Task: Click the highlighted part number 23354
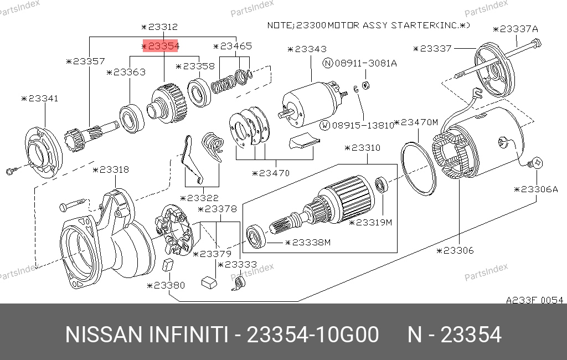pyautogui.click(x=160, y=46)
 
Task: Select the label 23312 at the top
pyautogui.click(x=159, y=27)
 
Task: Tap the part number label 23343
pyautogui.click(x=307, y=49)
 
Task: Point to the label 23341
pyautogui.click(x=40, y=99)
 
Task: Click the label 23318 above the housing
pyautogui.click(x=111, y=169)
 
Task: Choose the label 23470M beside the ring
pyautogui.click(x=416, y=122)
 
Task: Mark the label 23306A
pyautogui.click(x=536, y=189)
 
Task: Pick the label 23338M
pyautogui.click(x=308, y=243)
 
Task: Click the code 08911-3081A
pyautogui.click(x=365, y=63)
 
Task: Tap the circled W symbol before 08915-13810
pyautogui.click(x=326, y=125)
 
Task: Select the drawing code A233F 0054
pyautogui.click(x=534, y=300)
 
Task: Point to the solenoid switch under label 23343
pyautogui.click(x=312, y=104)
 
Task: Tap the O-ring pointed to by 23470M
pyautogui.click(x=419, y=168)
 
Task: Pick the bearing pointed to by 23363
pyautogui.click(x=132, y=118)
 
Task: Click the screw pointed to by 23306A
pyautogui.click(x=536, y=163)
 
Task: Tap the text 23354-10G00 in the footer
pyautogui.click(x=312, y=335)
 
